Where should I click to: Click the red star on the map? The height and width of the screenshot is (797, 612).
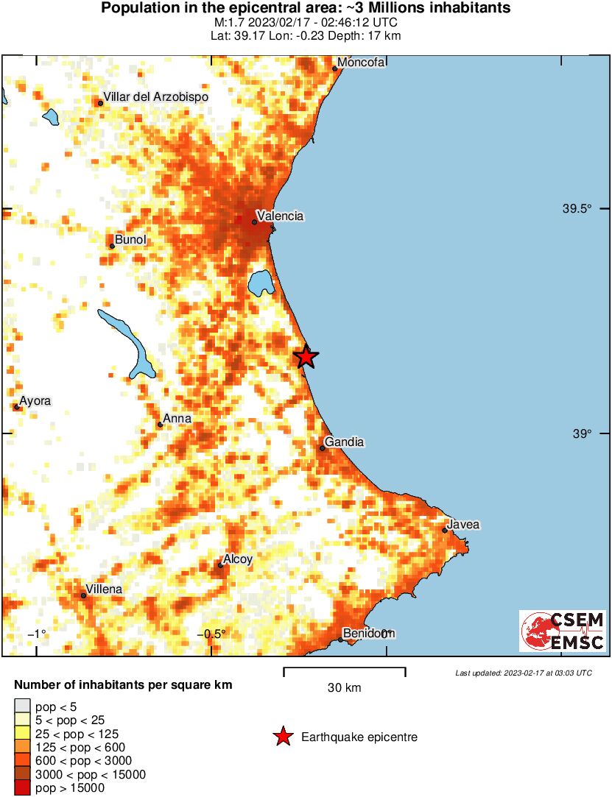[x=306, y=357]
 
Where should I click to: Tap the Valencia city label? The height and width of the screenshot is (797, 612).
[x=279, y=216]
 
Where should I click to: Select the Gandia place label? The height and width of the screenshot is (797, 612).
[x=345, y=442]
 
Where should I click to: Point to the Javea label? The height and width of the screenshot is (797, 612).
[x=464, y=525]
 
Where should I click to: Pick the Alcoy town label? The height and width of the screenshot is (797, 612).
[x=238, y=559]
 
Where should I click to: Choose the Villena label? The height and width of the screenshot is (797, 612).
[x=104, y=589]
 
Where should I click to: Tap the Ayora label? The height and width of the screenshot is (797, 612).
[x=35, y=401]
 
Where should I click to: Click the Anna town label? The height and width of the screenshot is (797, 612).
[x=177, y=419]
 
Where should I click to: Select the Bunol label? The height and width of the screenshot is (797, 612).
[x=131, y=240]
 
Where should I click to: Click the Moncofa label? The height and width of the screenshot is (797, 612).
[x=362, y=63]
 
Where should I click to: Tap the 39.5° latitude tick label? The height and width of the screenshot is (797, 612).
[x=577, y=209]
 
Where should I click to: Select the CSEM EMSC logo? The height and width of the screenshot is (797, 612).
[x=563, y=631]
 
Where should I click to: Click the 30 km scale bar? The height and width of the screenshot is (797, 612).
[x=344, y=669]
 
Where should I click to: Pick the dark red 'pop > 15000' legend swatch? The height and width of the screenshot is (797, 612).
[x=22, y=788]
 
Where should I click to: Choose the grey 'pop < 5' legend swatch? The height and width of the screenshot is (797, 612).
[x=22, y=707]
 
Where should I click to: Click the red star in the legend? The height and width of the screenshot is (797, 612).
[x=282, y=737]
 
